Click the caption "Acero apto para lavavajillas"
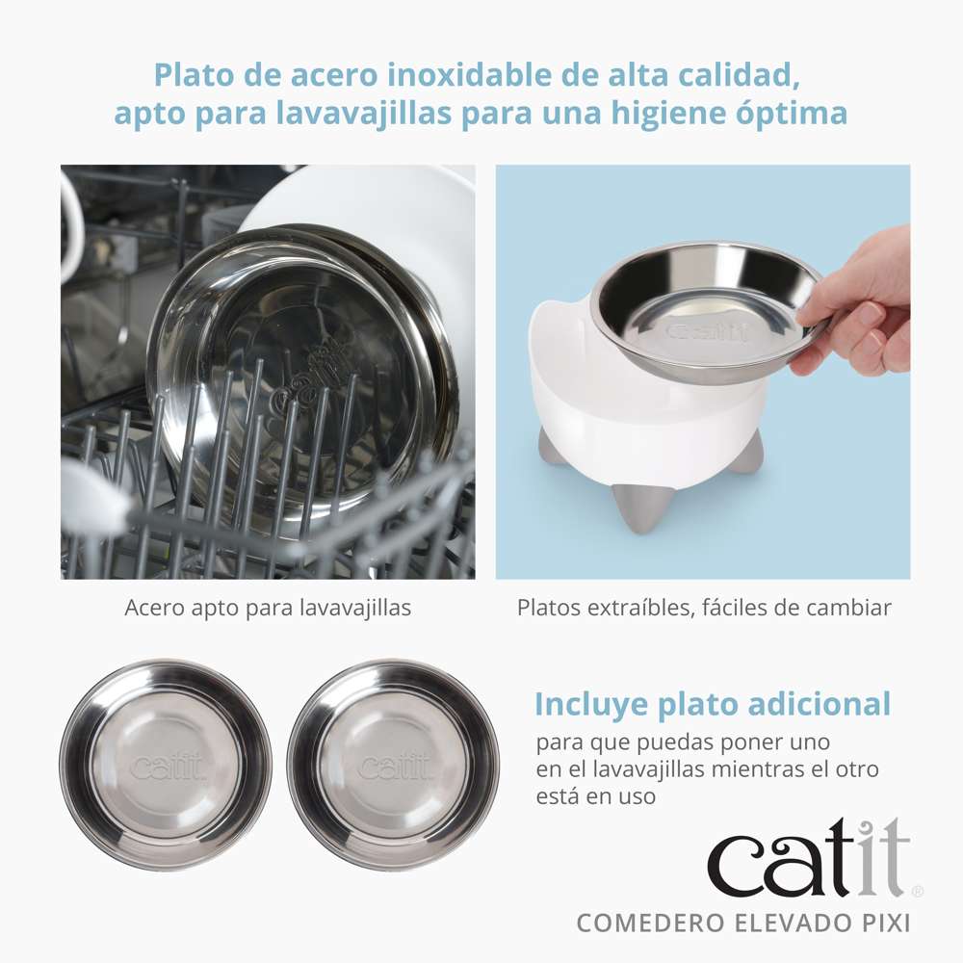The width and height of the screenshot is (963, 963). click(x=268, y=608)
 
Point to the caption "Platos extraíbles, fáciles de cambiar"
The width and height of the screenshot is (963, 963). click(x=704, y=608)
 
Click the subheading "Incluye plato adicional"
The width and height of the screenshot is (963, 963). click(x=713, y=704)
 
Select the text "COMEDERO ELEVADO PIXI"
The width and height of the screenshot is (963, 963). click(x=743, y=923)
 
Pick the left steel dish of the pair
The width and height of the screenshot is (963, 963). click(x=166, y=765)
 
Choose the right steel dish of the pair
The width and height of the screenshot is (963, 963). click(x=393, y=765)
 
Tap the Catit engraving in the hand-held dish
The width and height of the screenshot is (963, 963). click(x=707, y=333)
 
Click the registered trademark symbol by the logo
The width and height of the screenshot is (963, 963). click(x=917, y=892)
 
